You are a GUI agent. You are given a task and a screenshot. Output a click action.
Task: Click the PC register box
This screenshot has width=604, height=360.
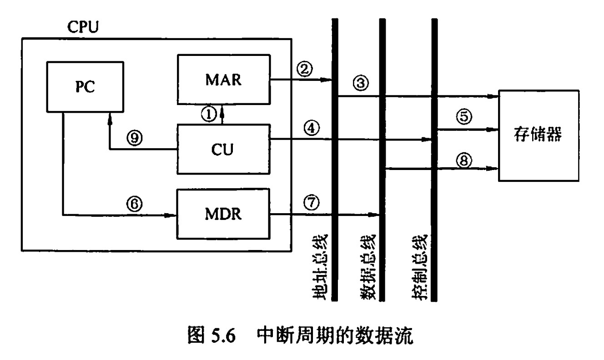point(86,87)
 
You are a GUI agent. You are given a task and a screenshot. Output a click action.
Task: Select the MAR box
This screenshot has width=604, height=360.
point(223,80)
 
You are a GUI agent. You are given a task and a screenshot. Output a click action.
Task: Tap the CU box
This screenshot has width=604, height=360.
point(223,149)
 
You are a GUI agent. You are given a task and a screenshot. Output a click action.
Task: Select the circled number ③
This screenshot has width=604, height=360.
point(360,83)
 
